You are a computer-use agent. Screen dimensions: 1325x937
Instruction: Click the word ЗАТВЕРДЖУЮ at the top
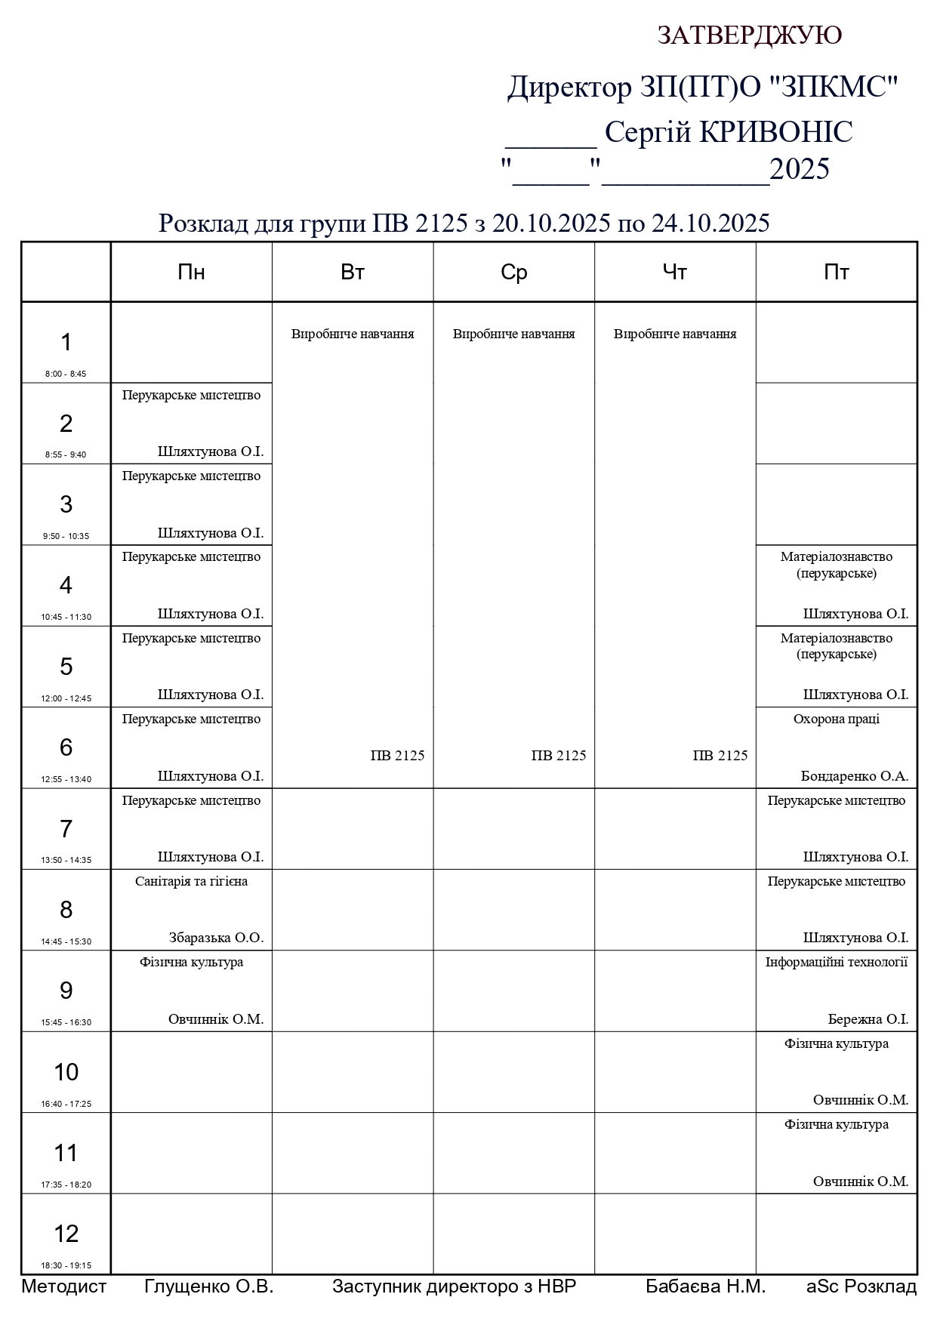749,35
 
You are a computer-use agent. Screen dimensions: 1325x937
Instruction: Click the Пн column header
191,273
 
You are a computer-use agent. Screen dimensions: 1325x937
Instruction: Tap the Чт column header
674,273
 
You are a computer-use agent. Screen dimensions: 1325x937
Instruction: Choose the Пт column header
836,273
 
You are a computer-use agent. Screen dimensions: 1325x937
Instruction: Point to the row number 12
66,1234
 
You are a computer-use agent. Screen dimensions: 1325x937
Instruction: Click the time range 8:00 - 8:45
66,374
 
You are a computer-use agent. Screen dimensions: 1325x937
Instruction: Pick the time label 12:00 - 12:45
66,698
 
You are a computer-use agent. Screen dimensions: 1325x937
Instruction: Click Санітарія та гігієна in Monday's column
191,881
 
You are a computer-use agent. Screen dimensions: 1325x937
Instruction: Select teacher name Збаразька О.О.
216,938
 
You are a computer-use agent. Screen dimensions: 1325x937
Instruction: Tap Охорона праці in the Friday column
836,719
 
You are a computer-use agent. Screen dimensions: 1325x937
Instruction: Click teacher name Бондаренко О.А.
854,776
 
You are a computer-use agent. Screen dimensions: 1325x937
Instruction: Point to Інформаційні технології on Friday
836,962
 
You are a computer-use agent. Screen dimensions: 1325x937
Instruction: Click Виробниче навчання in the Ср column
513,334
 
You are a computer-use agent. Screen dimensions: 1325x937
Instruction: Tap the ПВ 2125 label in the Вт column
397,755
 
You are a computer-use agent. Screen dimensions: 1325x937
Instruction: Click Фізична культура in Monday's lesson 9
191,962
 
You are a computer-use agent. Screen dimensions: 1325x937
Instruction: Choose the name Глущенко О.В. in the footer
208,1286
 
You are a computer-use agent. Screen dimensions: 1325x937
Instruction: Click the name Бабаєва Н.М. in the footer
705,1286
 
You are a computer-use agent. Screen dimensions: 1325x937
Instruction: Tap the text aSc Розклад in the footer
861,1286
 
